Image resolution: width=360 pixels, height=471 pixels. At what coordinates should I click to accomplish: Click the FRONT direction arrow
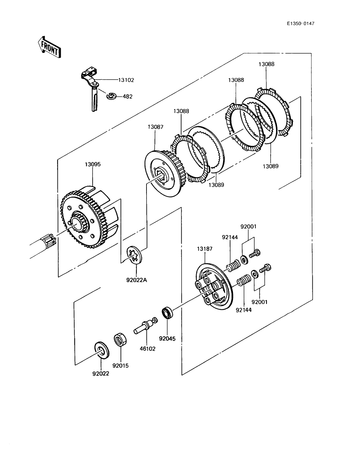coord(49,47)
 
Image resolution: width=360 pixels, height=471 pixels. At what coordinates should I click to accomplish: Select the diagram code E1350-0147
coord(301,24)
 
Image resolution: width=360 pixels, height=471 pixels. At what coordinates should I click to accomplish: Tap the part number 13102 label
coord(126,80)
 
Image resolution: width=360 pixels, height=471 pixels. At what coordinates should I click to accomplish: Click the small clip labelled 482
coord(111,96)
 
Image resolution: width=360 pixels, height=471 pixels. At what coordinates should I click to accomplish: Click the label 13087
coord(156,127)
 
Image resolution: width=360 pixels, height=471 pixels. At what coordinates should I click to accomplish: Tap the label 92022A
coord(137,280)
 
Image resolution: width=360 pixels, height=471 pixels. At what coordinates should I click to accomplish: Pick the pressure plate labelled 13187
coord(214,286)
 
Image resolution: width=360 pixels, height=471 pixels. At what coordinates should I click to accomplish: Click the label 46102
coord(147,349)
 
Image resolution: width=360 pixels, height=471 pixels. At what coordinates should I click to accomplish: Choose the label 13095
coord(93,164)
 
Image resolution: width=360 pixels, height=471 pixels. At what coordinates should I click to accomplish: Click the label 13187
coord(205,249)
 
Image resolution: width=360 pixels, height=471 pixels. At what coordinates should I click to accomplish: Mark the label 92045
coord(167,339)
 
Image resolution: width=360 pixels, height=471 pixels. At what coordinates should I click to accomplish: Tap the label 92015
coord(121,366)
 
